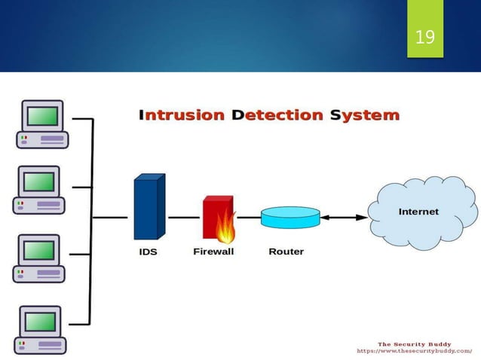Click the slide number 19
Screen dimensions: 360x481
(425, 36)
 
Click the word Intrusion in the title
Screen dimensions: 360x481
(182, 115)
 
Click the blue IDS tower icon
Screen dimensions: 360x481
(149, 207)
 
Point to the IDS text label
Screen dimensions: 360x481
(148, 252)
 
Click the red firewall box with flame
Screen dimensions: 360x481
(219, 218)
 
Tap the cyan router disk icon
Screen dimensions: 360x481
(290, 217)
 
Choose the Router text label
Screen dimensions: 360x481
(286, 252)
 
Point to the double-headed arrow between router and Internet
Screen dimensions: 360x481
(343, 218)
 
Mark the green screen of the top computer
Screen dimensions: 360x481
(42, 115)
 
